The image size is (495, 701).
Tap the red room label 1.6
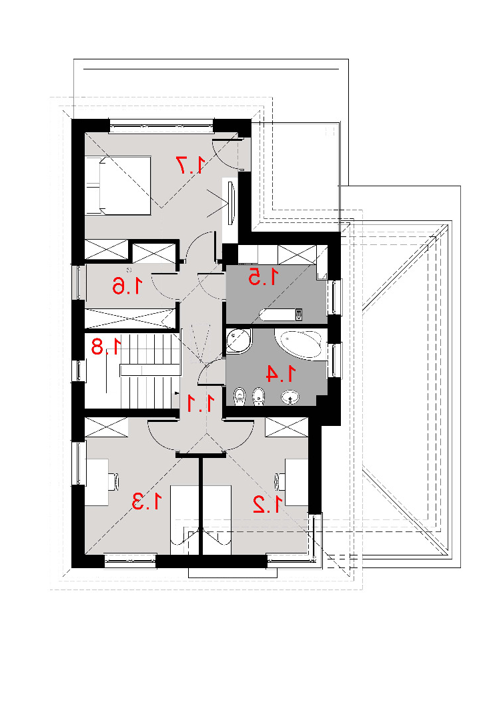pos(128,286)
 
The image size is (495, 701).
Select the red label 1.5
pos(264,277)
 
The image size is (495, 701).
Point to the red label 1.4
pos(281,374)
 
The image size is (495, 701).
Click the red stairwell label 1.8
pos(106,346)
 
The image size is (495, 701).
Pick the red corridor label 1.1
pos(200,403)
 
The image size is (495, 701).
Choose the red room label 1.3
pos(146,501)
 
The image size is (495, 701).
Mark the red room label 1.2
pos(268,504)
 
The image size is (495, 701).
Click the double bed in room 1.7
pos(118,185)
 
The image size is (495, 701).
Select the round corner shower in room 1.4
pos(239,341)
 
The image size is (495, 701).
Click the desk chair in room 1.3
pos(114,481)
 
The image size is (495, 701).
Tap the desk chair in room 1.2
pos(281,481)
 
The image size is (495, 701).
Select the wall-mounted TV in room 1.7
pos(231,204)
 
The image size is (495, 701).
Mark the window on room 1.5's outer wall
pos(335,296)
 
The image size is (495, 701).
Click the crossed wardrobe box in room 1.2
pos(287,427)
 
